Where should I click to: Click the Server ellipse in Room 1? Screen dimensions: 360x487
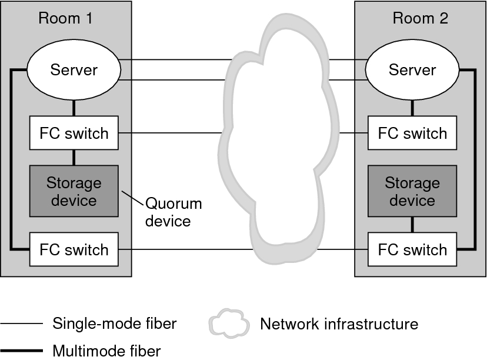tap(74, 71)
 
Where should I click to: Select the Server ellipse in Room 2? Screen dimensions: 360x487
tap(412, 71)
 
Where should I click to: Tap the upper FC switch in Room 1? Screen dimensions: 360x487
tap(74, 133)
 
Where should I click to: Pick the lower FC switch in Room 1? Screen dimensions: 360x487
tap(74, 249)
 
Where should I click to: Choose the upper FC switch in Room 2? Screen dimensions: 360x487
tap(412, 133)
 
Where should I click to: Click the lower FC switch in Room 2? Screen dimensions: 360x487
tap(412, 249)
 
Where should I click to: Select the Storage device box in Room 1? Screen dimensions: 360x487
tap(74, 192)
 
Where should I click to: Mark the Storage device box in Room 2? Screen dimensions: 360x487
tap(412, 192)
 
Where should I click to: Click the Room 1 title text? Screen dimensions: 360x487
tap(66, 18)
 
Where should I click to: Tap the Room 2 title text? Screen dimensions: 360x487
tap(420, 18)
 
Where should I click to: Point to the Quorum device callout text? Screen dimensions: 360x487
tap(173, 212)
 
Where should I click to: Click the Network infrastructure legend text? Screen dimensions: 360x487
tap(339, 324)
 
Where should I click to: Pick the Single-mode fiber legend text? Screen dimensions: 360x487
tap(115, 323)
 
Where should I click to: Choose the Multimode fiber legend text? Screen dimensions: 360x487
tap(106, 351)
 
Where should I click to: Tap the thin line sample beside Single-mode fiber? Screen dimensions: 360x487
tap(22, 324)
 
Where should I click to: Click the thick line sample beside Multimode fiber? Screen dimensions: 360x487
tap(22, 351)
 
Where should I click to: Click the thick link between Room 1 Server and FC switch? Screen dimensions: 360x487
tap(74, 108)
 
